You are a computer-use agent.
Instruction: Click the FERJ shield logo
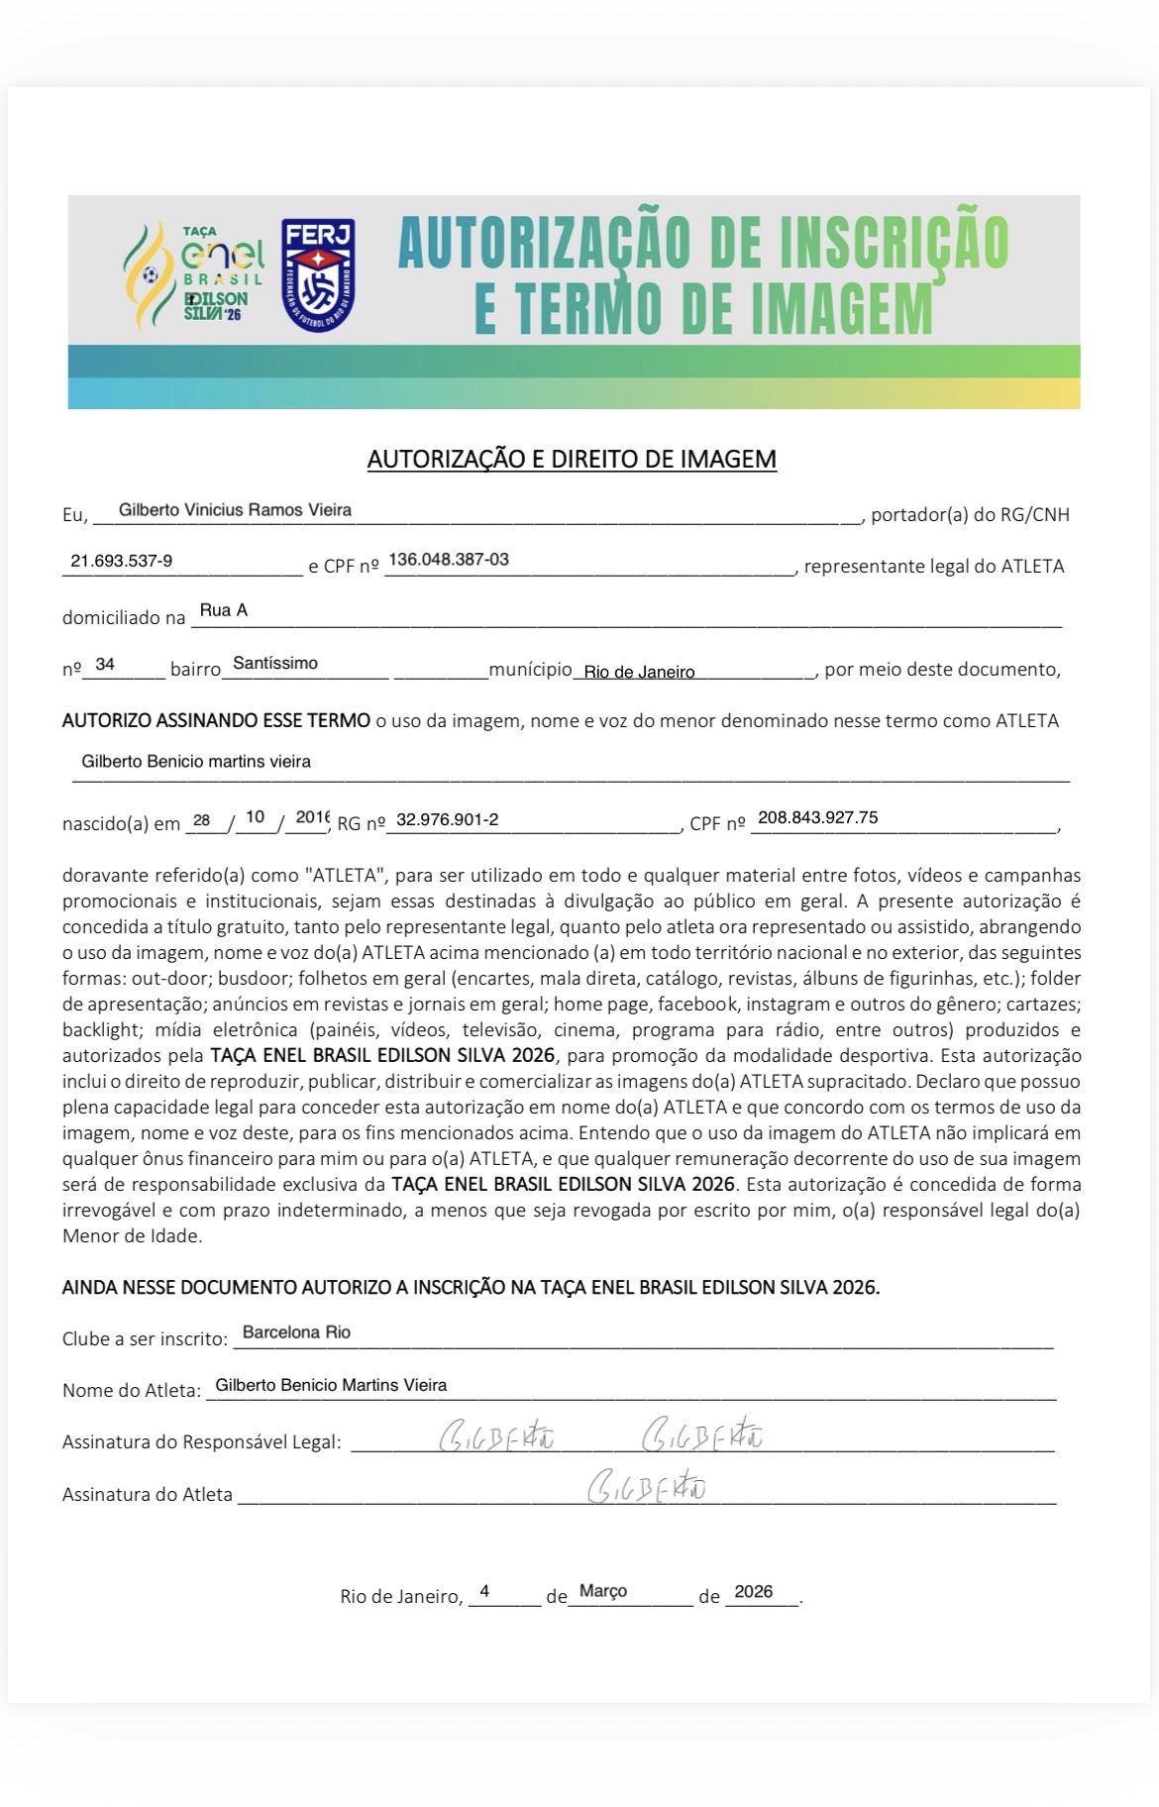[318, 275]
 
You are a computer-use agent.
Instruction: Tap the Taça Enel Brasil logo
[195, 274]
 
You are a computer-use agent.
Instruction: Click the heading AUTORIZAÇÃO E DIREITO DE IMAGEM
[572, 459]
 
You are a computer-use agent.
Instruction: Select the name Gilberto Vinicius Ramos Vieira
[235, 510]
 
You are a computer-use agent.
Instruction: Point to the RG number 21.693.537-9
[121, 561]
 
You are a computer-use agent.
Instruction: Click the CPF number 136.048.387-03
[449, 560]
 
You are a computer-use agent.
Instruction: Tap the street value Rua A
[224, 610]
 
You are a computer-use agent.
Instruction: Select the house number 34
[105, 664]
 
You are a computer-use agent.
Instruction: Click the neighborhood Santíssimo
[275, 664]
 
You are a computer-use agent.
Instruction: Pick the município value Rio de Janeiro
[639, 672]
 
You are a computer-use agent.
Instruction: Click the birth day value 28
[202, 820]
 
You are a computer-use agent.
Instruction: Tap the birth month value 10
[255, 817]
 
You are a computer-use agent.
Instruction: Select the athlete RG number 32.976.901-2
[448, 819]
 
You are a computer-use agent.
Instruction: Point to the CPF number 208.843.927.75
[817, 817]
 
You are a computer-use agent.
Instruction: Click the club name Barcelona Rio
[296, 1332]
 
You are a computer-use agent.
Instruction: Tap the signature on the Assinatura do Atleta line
[647, 1487]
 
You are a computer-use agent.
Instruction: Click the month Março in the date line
[603, 1590]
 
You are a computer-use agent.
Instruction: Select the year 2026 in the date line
[754, 1591]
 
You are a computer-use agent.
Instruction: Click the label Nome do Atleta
[131, 1390]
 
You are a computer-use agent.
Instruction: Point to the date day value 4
[484, 1591]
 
